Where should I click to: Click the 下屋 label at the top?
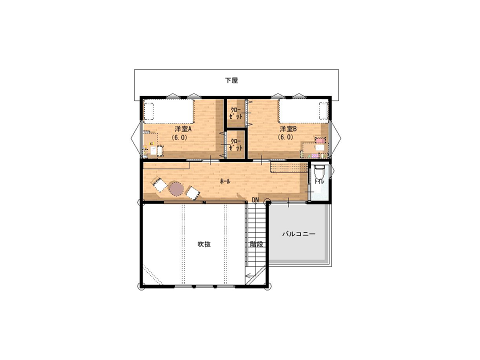click(x=231, y=80)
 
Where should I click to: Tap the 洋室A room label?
click(x=183, y=129)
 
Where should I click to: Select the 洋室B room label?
click(x=288, y=129)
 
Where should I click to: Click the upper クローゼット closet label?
click(x=236, y=113)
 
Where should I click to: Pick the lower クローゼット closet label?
click(x=236, y=144)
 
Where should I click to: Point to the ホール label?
click(x=225, y=181)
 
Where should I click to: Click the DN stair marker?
click(x=255, y=200)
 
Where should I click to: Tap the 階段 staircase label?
click(x=256, y=244)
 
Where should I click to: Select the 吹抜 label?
click(x=204, y=244)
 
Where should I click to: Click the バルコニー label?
click(x=298, y=234)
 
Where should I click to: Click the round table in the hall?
click(x=176, y=188)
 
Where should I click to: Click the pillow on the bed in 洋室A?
click(x=149, y=111)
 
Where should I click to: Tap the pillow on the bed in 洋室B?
click(x=323, y=111)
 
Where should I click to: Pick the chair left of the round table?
click(x=159, y=185)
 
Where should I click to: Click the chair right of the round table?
click(x=192, y=193)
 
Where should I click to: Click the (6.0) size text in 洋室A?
click(x=179, y=137)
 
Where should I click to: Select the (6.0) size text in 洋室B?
click(x=285, y=137)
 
